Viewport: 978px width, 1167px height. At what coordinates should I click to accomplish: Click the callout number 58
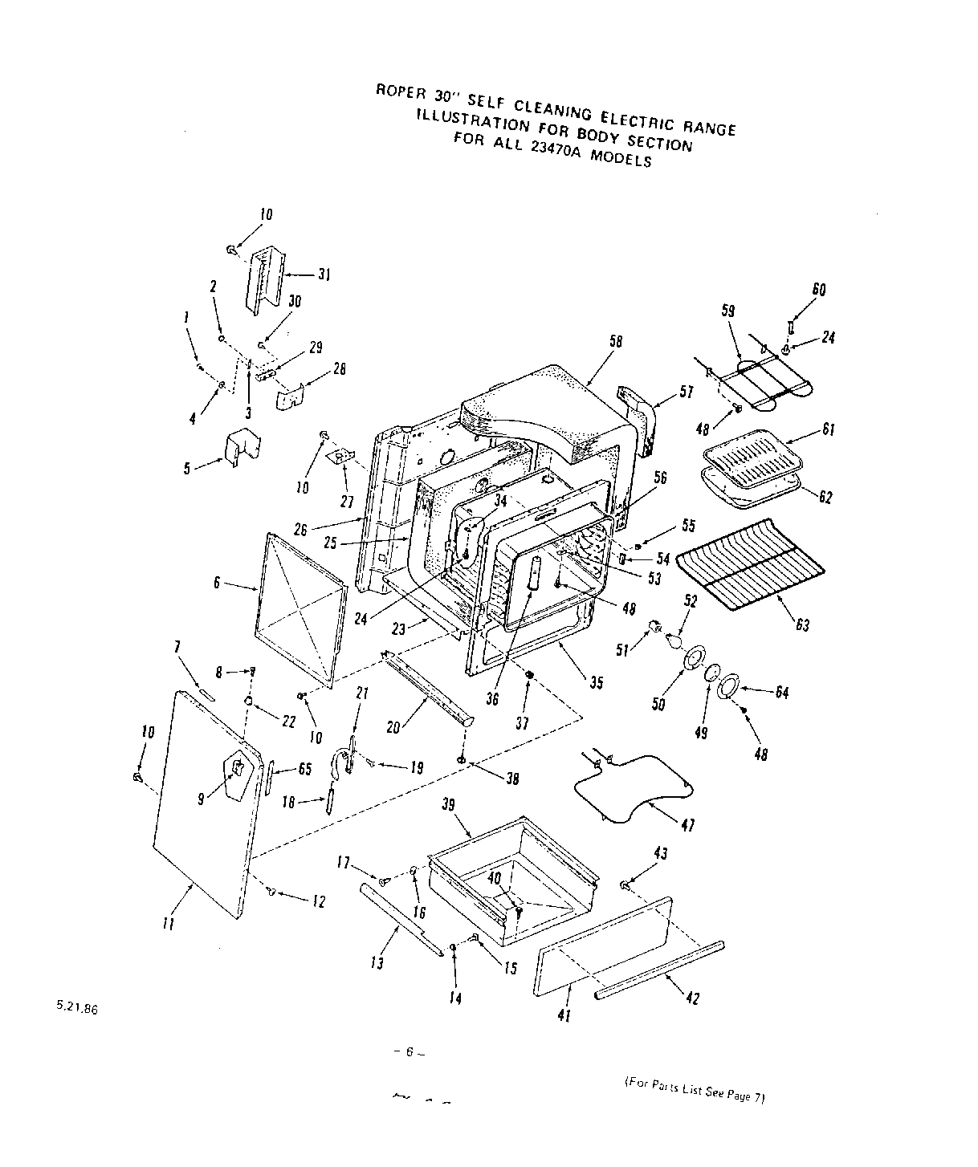[616, 342]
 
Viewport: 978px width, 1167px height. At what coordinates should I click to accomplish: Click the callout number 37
[522, 723]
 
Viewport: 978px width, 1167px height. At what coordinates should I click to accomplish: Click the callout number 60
[818, 290]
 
